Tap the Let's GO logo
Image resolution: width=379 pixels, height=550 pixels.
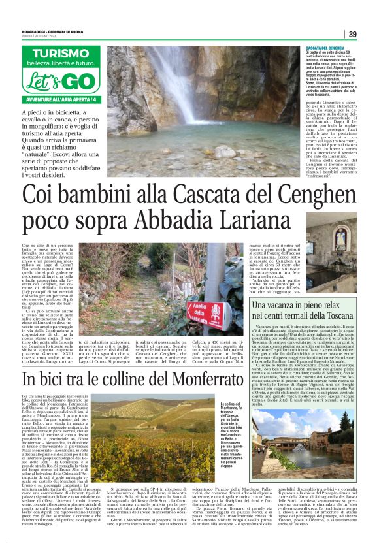pos(59,82)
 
